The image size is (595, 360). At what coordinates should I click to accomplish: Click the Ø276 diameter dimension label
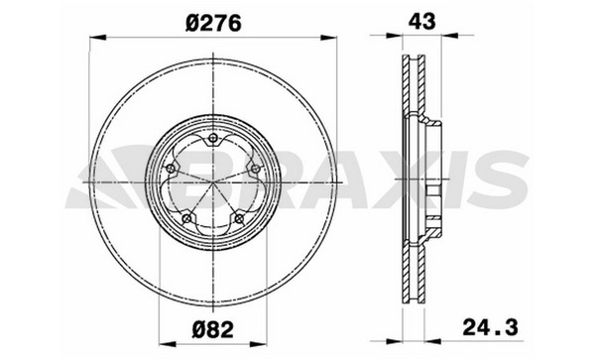point(213,24)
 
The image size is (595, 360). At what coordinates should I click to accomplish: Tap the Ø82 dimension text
point(213,329)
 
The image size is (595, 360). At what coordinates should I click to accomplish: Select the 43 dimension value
point(422,21)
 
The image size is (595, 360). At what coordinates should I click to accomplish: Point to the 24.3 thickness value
point(490,327)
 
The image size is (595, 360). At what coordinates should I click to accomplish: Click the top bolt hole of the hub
point(213,138)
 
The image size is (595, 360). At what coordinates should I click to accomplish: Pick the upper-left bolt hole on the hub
point(171,169)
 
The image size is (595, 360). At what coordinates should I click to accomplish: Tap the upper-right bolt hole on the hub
point(256,169)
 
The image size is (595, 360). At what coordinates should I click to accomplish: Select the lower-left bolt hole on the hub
point(186,218)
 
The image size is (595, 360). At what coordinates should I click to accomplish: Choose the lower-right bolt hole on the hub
point(239,218)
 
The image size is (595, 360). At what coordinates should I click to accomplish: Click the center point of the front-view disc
point(213,182)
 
